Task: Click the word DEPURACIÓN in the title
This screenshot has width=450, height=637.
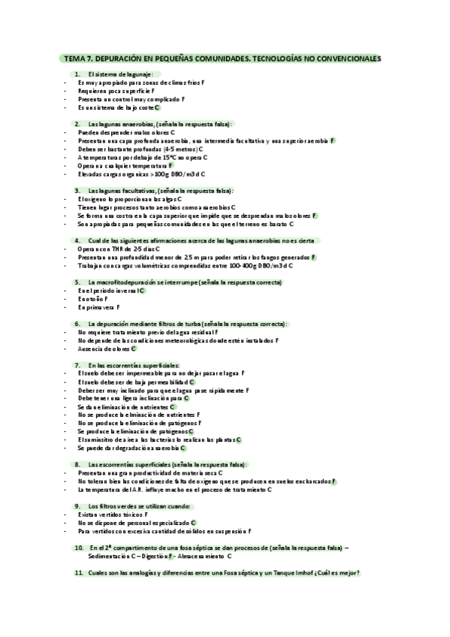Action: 123,58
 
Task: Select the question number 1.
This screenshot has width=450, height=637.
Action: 77,74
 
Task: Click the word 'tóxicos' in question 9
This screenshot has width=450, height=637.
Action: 135,514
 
